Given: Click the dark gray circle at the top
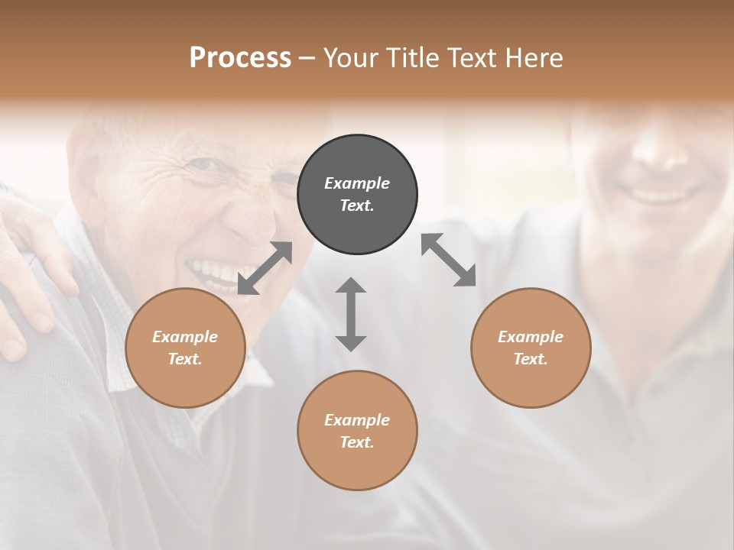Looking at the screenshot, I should (x=357, y=195).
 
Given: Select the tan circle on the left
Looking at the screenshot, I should (x=185, y=348).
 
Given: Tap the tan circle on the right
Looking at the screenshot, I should (x=531, y=348).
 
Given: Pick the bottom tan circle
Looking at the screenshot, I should (x=357, y=431).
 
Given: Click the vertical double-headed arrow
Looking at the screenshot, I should (x=351, y=314).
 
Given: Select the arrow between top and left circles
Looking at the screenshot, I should (x=265, y=268).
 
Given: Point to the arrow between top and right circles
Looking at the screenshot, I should (x=448, y=260).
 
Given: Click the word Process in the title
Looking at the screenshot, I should (x=240, y=57).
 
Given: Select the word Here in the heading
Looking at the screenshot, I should (x=533, y=57).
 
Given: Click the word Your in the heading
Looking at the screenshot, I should (x=349, y=57).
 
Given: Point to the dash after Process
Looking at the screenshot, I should (x=307, y=58).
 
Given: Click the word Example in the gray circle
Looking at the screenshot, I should (x=357, y=183).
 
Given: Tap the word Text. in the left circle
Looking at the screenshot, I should (x=185, y=359).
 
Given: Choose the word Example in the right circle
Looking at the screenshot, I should (x=531, y=337).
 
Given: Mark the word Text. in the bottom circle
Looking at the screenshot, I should (x=357, y=442).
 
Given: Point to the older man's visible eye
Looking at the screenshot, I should (x=203, y=164).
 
